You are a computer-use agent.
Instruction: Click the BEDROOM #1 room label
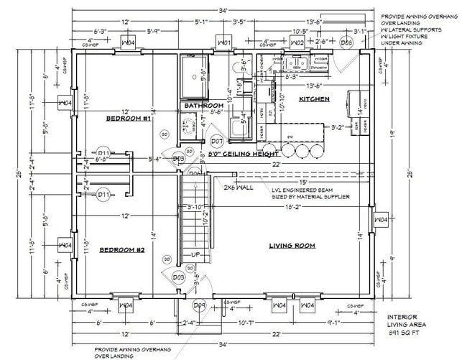click(x=128, y=119)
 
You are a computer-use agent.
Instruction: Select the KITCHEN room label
click(x=315, y=98)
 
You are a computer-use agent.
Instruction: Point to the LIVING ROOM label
click(x=292, y=246)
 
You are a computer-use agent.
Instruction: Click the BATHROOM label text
click(x=203, y=106)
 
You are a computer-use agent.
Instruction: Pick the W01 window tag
click(x=223, y=43)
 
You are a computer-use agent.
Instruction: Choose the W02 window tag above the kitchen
click(x=297, y=43)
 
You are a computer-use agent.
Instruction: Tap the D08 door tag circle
click(x=346, y=43)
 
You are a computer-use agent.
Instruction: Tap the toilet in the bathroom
click(x=238, y=67)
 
